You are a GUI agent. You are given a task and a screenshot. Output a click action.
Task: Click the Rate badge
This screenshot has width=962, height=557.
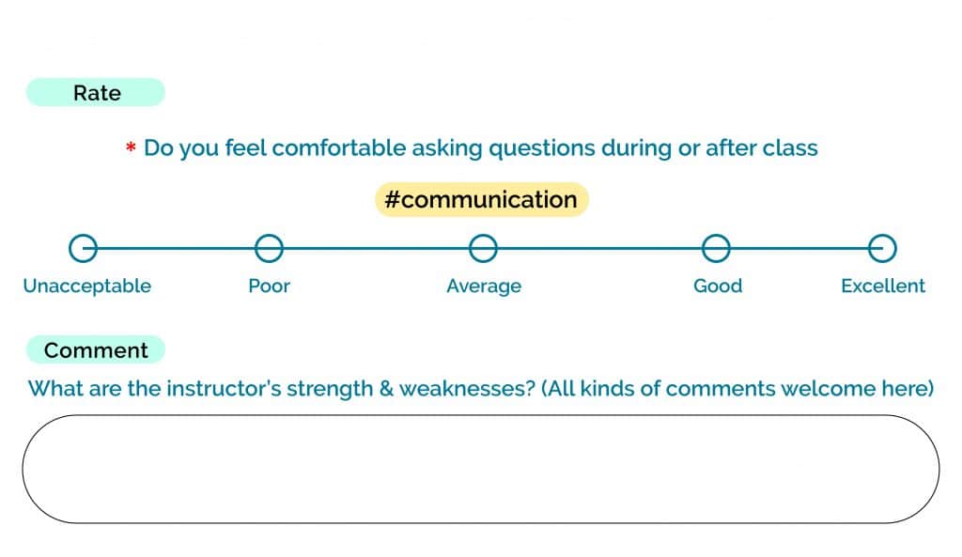[95, 92]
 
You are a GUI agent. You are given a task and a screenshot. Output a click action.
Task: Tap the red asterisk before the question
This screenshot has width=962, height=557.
[130, 147]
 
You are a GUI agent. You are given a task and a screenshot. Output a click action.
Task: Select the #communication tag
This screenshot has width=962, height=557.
[482, 199]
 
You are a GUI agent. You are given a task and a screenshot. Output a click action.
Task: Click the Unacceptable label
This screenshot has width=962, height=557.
[87, 286]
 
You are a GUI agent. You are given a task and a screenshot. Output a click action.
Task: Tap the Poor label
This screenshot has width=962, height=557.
[270, 286]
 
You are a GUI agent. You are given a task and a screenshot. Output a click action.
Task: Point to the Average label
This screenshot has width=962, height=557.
[484, 286]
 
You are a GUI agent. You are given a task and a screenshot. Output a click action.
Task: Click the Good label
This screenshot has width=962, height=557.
[718, 286]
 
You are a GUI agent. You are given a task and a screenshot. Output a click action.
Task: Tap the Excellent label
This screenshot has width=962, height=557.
[883, 286]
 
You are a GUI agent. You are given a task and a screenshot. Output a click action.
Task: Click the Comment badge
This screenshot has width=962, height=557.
[95, 349]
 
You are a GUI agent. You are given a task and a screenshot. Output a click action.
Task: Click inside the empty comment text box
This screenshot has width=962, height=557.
[481, 470]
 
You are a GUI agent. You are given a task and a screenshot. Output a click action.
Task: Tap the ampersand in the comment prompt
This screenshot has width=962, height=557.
[386, 389]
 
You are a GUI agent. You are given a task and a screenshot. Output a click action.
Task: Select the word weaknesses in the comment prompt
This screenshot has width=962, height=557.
[468, 389]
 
